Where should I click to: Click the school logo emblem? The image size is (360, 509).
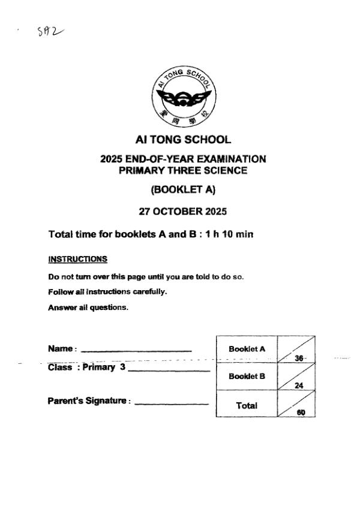[183, 97]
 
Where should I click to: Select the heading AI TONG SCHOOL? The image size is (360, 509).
[183, 140]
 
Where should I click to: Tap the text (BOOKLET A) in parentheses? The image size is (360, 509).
[183, 190]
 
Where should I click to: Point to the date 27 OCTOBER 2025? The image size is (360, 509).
[183, 212]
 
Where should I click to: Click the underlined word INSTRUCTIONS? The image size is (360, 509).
[77, 260]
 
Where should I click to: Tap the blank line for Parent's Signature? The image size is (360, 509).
[172, 404]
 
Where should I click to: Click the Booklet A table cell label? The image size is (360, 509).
[247, 349]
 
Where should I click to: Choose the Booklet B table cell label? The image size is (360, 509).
[247, 377]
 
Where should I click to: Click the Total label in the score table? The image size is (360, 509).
[247, 405]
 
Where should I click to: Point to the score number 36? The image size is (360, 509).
[299, 358]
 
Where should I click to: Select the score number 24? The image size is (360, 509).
[299, 385]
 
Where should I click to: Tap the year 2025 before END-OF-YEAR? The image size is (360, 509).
[111, 159]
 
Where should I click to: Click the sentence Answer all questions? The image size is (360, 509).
[88, 308]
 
